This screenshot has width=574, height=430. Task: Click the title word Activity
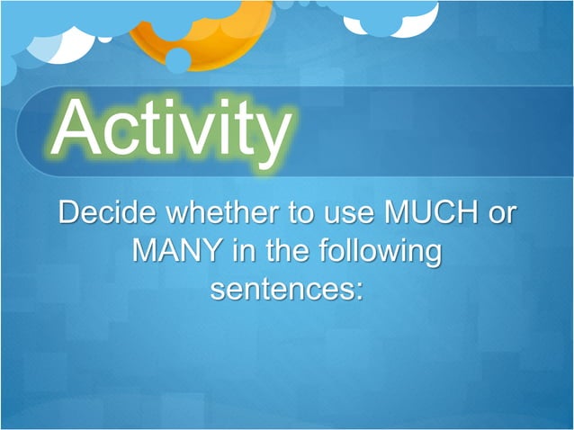click(171, 129)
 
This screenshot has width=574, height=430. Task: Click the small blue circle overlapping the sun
click(178, 59)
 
